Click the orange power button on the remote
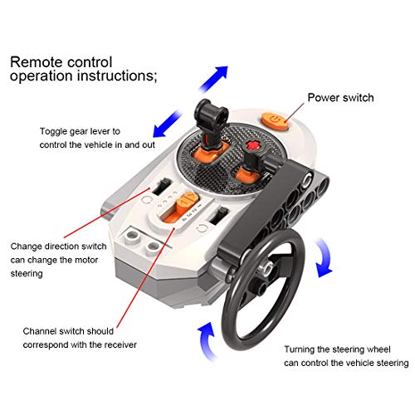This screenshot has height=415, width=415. click(x=275, y=121)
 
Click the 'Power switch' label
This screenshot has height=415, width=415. click(x=340, y=98)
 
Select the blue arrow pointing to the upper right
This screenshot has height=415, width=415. click(x=213, y=78)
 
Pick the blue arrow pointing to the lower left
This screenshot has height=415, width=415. click(x=167, y=124)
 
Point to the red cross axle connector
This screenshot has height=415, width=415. click(x=251, y=145)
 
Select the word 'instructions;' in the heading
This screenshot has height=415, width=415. click(x=117, y=76)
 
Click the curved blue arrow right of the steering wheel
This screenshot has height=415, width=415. click(x=323, y=257)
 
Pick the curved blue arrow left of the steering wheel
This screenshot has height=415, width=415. click(x=206, y=341)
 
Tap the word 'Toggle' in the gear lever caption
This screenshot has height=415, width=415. click(x=53, y=131)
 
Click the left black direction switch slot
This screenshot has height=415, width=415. click(x=162, y=186)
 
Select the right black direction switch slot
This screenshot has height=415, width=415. click(x=218, y=216)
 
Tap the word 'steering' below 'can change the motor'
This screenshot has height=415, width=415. click(x=27, y=274)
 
